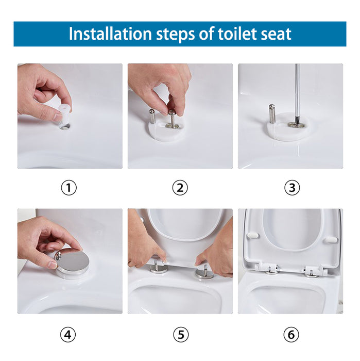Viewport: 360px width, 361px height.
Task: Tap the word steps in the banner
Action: coord(173,34)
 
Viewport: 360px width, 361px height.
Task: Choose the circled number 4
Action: coord(69,335)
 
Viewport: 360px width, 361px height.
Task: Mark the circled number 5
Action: coord(180,335)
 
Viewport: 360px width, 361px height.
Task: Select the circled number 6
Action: coord(292,335)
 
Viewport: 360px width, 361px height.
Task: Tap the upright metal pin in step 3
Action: coord(272,114)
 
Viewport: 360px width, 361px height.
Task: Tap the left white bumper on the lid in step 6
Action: coord(252,235)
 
